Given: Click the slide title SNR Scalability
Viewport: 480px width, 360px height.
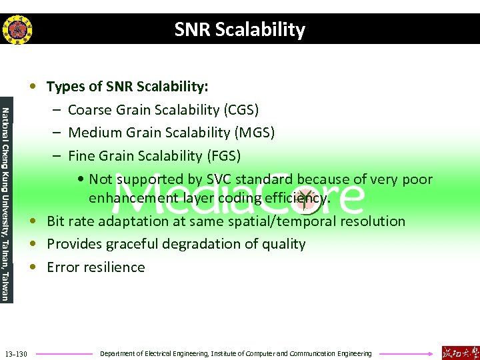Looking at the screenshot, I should (x=240, y=30).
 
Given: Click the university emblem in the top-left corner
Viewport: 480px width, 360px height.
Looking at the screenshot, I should (x=17, y=29).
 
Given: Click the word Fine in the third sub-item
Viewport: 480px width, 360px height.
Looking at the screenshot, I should (x=82, y=156).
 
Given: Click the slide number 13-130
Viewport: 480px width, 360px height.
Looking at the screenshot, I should (x=15, y=353).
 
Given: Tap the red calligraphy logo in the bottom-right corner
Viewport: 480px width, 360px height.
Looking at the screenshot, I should (x=460, y=352).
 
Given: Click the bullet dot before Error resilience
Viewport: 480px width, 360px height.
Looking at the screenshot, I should (x=32, y=267).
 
